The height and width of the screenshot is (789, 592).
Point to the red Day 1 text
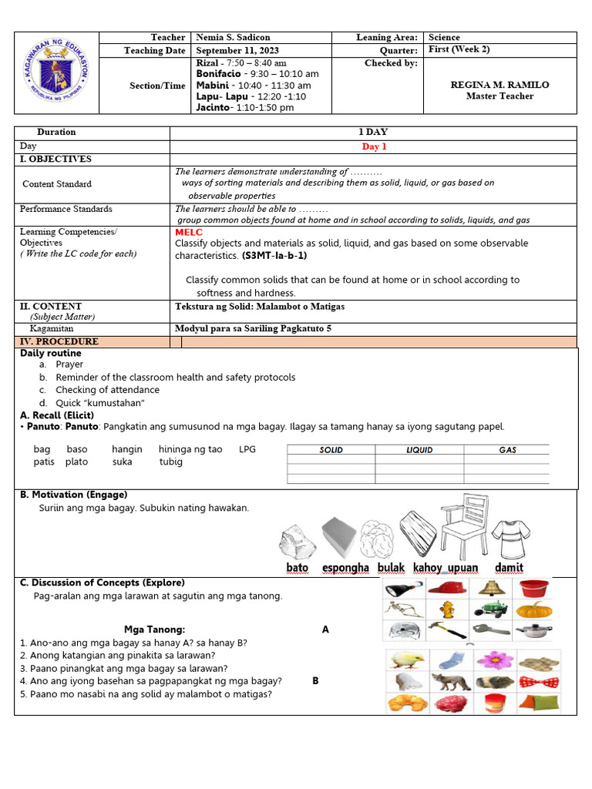point(374,146)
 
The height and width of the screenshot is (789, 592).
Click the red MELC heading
point(188,231)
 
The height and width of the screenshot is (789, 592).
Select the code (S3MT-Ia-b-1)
point(274,255)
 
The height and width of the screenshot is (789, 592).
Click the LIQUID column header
point(419,450)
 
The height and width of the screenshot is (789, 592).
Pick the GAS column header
point(507,450)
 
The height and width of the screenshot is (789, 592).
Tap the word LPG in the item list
point(247,449)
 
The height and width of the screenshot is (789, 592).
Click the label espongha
point(345,568)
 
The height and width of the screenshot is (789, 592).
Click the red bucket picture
point(534,589)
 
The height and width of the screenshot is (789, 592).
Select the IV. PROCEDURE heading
point(59,341)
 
